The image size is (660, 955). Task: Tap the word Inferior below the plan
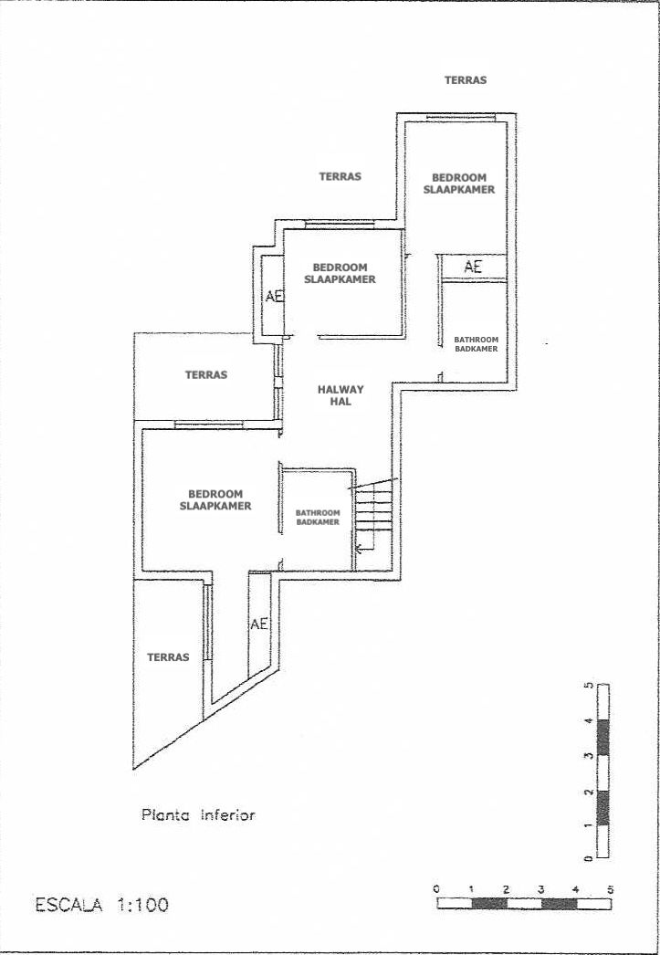[227, 814]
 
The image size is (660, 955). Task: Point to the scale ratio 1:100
[142, 905]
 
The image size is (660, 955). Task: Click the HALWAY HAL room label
[341, 396]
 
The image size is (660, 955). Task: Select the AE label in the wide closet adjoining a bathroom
[473, 267]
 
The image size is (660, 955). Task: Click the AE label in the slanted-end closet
[259, 624]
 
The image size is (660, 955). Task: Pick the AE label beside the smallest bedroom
[275, 297]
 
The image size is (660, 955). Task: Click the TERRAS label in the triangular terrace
[168, 657]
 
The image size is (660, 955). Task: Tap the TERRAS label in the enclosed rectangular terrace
[206, 375]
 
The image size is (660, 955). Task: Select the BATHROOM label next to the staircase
[317, 513]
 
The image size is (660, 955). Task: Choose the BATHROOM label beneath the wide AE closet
[477, 340]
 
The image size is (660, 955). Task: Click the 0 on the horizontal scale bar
[436, 890]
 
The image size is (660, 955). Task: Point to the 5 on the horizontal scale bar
[610, 890]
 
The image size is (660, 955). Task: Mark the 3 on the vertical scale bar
[588, 756]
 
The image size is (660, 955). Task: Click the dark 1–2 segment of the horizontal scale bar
[489, 904]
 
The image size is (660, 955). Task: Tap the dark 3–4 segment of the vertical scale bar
[602, 739]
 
